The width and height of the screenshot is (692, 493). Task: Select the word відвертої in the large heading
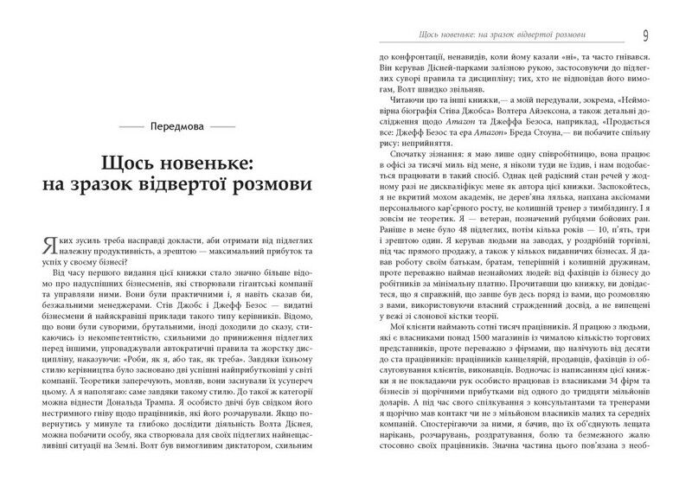click(192, 189)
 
